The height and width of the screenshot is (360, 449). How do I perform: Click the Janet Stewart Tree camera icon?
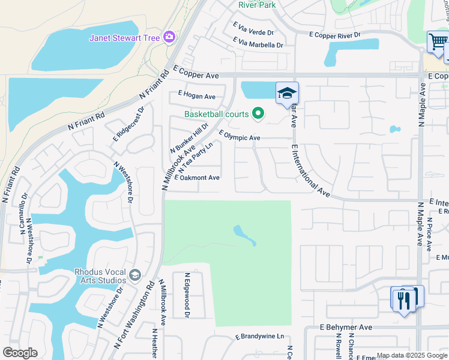pyautogui.click(x=169, y=37)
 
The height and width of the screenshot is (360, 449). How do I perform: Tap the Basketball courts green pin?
pyautogui.click(x=258, y=113)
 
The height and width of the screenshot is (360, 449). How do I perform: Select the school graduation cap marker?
pyautogui.click(x=287, y=94)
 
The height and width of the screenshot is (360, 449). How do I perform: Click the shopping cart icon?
pyautogui.click(x=436, y=43)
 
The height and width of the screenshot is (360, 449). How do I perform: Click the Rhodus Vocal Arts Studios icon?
pyautogui.click(x=135, y=275)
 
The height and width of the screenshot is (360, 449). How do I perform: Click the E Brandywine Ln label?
pyautogui.click(x=259, y=337)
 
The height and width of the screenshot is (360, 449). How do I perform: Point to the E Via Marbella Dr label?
pyautogui.click(x=258, y=44)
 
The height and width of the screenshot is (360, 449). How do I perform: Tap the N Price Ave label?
pyautogui.click(x=429, y=235)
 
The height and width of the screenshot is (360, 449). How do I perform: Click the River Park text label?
pyautogui.click(x=256, y=4)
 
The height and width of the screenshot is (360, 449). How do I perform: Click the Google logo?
pyautogui.click(x=20, y=353)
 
